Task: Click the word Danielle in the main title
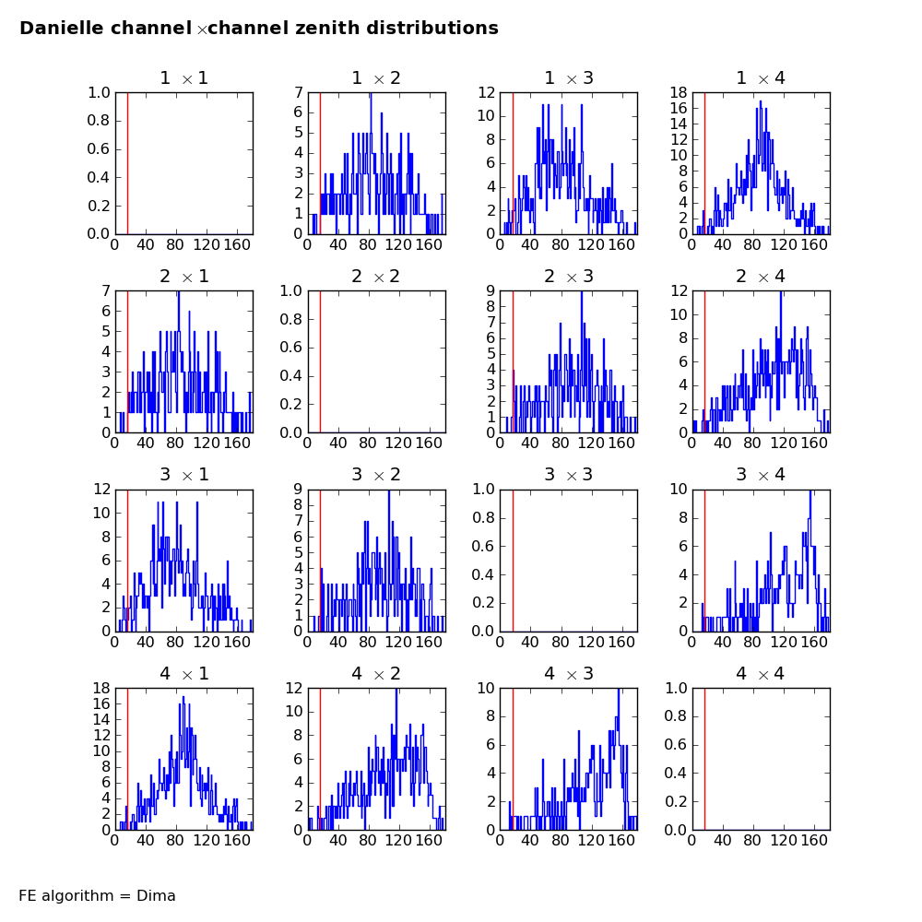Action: pos(61,29)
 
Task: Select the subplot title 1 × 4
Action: pos(761,78)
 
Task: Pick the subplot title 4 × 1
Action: pos(184,674)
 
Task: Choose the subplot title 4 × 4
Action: pos(761,674)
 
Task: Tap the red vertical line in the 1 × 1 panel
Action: pos(127,163)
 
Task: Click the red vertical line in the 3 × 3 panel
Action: pos(513,560)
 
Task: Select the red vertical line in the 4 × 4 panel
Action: pos(704,758)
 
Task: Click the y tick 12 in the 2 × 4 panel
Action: pos(678,290)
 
